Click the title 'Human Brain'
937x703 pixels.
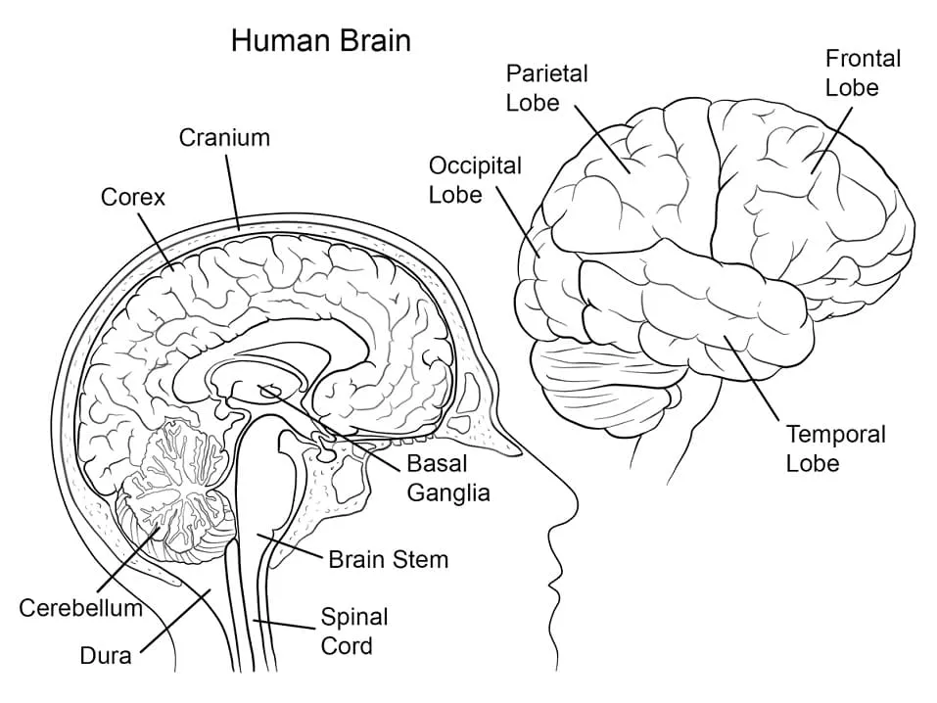(320, 40)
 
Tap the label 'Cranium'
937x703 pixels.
(224, 137)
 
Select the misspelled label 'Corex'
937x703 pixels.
(133, 197)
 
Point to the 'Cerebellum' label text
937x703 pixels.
(81, 608)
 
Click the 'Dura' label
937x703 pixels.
(106, 655)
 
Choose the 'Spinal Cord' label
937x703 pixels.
(353, 632)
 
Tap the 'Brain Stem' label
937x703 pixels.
(388, 560)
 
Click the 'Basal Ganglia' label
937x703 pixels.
(448, 478)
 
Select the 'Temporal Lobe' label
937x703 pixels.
(835, 447)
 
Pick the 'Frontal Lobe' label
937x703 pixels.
(862, 72)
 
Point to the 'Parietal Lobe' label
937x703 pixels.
(546, 87)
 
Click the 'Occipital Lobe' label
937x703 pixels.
(474, 179)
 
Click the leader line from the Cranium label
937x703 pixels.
(233, 190)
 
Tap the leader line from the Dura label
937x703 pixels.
(176, 621)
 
